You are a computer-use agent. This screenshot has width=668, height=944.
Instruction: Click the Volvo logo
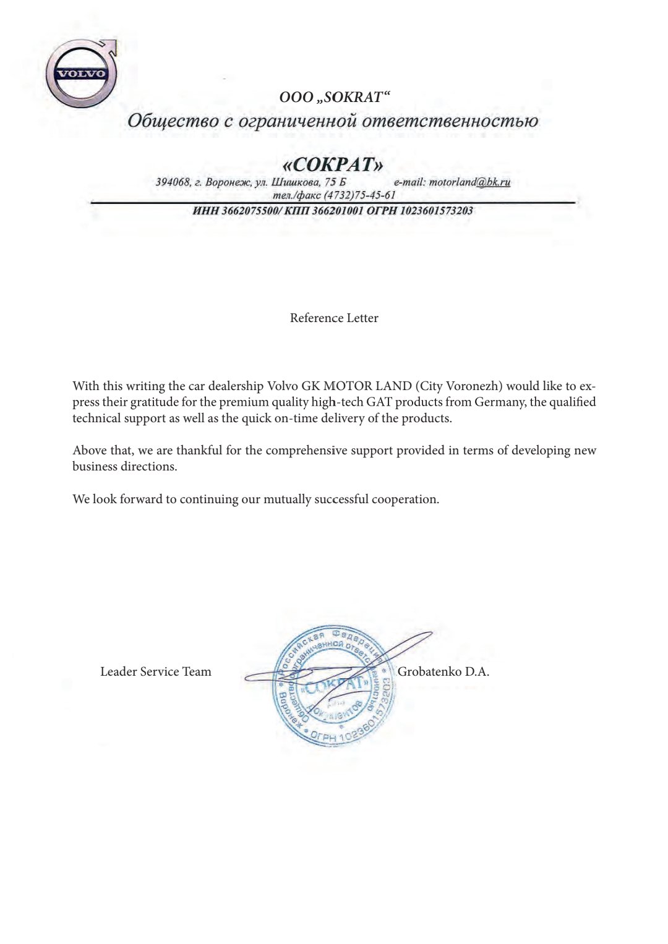(x=80, y=74)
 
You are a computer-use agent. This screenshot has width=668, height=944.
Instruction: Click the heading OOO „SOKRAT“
(x=334, y=97)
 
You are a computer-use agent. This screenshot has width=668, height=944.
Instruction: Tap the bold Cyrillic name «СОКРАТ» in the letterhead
(x=333, y=164)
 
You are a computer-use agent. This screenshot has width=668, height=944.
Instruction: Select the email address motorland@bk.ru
(x=470, y=182)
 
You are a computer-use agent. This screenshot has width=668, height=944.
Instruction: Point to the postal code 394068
(x=173, y=182)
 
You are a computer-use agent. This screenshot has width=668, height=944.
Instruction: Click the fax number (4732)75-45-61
(x=359, y=195)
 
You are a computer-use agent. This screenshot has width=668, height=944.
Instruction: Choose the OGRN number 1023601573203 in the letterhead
(x=437, y=211)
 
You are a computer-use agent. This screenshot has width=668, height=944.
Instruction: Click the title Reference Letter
(x=334, y=318)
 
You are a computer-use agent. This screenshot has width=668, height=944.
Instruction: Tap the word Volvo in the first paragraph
(x=282, y=386)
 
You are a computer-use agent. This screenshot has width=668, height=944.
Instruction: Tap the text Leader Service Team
(x=156, y=671)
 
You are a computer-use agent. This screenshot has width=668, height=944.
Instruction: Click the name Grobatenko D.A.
(x=443, y=671)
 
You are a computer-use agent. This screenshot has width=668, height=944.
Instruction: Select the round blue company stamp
(x=334, y=686)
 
